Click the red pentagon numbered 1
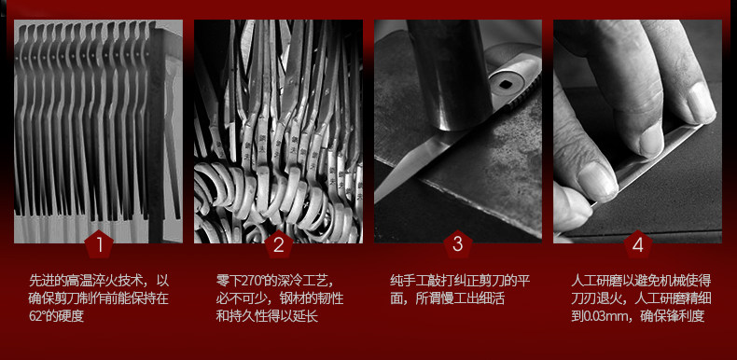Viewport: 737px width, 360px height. (99, 244)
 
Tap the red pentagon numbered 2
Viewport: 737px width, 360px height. (279, 244)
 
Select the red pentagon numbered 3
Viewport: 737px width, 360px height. (458, 244)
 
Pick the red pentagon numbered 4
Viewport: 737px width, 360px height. (638, 244)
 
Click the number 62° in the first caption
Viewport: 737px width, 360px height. (37, 316)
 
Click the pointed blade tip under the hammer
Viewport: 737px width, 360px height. (379, 199)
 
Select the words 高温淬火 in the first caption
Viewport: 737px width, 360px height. (94, 282)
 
